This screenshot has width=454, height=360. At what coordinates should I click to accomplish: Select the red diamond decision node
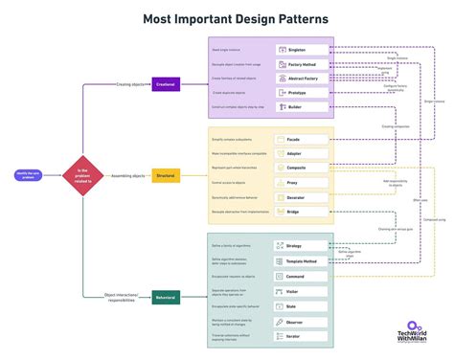(81, 175)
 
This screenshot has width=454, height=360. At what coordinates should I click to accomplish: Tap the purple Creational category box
(167, 84)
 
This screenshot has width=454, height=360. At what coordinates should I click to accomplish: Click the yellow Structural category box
(167, 176)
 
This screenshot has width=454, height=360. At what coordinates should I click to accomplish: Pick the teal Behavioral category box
(167, 298)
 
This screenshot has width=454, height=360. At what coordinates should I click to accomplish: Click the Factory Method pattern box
(301, 64)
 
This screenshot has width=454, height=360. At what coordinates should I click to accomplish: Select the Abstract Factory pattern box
(301, 79)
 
